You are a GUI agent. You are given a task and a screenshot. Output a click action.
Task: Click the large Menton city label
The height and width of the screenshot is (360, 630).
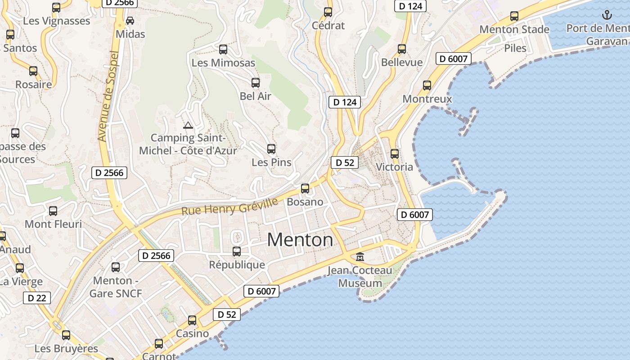(300, 240)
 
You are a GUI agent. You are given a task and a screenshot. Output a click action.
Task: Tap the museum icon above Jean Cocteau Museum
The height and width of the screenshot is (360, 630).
(360, 257)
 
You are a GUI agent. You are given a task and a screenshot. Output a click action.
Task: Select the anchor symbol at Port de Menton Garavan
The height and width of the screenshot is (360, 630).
(607, 15)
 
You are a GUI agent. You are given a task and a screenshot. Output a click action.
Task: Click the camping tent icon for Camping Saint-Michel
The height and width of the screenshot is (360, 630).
(188, 125)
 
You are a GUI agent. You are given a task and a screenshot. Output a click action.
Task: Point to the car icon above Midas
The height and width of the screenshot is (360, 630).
(130, 21)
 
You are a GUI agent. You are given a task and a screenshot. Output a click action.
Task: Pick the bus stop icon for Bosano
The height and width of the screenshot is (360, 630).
(305, 189)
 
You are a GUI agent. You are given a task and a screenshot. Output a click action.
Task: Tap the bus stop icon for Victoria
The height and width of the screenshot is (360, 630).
(395, 154)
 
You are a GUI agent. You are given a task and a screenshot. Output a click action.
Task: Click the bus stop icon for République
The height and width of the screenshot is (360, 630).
(237, 252)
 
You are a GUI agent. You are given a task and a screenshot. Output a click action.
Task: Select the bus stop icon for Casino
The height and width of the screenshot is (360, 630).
(192, 320)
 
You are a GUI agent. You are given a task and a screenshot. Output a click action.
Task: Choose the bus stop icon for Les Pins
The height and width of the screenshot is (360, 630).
(271, 149)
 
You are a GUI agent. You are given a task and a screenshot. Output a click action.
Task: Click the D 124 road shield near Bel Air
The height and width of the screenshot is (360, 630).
(345, 102)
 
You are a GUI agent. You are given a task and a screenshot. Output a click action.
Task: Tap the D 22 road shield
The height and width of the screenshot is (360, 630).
(37, 298)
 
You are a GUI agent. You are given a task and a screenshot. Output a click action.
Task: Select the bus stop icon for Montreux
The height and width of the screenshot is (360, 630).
(427, 85)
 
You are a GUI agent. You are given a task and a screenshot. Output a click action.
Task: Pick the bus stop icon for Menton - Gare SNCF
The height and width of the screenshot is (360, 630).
(116, 267)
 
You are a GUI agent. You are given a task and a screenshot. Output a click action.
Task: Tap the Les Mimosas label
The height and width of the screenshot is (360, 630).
(223, 63)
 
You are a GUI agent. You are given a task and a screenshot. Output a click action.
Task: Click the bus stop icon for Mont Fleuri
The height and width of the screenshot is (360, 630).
(53, 211)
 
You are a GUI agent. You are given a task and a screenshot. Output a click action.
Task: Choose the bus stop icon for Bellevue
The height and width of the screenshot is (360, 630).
(402, 49)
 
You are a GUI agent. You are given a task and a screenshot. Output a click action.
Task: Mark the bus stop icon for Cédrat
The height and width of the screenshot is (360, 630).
(328, 12)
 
